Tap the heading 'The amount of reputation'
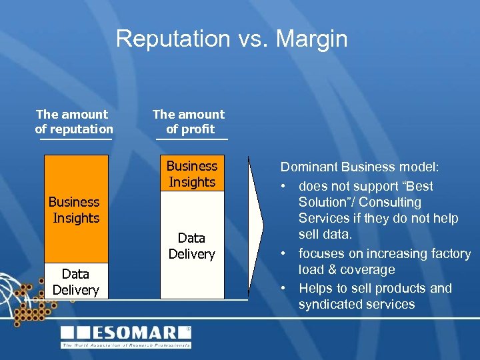[x=73, y=121]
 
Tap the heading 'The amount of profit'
[x=189, y=121]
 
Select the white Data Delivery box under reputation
[x=75, y=281]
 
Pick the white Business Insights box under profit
[x=191, y=173]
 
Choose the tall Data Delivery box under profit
[x=191, y=245]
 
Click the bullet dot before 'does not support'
[x=284, y=186]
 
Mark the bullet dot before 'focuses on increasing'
[x=284, y=253]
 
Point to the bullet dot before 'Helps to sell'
[x=284, y=288]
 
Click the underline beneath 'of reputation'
[x=75, y=139]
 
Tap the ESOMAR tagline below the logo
[x=126, y=345]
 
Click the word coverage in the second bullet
[x=369, y=270]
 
